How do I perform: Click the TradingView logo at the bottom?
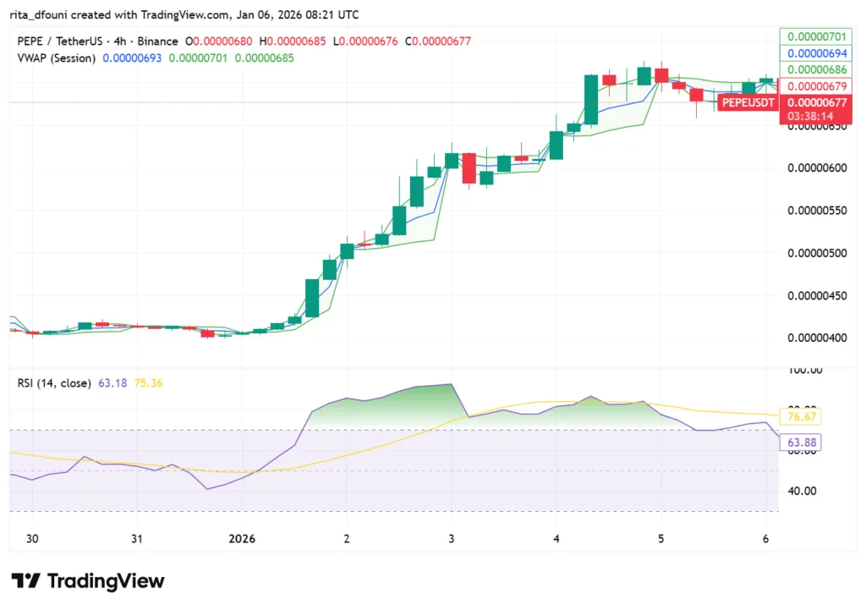click(x=88, y=581)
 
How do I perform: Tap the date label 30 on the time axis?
click(x=31, y=538)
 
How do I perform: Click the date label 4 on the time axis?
click(x=556, y=538)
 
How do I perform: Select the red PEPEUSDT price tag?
click(x=747, y=102)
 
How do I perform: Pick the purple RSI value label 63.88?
click(x=804, y=442)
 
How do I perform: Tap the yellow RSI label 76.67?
click(x=804, y=417)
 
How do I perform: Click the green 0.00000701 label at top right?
click(x=816, y=36)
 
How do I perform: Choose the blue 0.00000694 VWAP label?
click(x=816, y=52)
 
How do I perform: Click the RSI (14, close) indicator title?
click(x=54, y=383)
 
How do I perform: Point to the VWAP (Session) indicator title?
click(x=57, y=57)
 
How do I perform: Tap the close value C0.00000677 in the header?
click(x=437, y=41)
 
